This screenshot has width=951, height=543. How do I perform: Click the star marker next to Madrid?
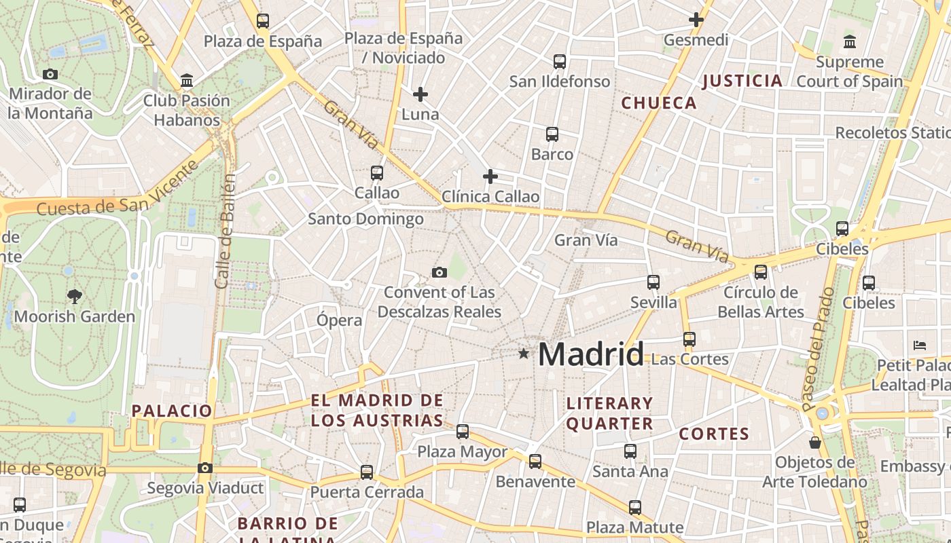(x=523, y=354)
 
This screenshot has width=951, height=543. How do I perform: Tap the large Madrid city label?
(x=591, y=354)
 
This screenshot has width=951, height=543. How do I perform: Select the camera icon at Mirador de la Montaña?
(x=50, y=75)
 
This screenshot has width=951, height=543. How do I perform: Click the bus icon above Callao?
(x=377, y=173)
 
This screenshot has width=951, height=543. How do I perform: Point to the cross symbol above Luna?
(x=420, y=94)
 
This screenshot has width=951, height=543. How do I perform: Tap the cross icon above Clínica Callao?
(x=490, y=177)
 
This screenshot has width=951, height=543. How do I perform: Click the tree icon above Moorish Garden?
(x=75, y=296)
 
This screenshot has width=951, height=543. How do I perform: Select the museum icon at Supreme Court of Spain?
(x=849, y=42)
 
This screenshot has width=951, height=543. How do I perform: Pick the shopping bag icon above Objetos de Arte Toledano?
(x=815, y=443)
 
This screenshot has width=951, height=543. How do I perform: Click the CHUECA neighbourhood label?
(x=659, y=103)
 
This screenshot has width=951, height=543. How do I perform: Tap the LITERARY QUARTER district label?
(x=609, y=413)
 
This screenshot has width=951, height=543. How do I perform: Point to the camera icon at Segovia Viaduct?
(x=205, y=468)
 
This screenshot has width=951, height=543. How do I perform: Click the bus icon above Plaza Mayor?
(x=463, y=431)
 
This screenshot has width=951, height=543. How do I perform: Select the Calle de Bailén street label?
(x=226, y=231)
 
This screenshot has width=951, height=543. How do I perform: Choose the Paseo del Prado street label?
(x=818, y=350)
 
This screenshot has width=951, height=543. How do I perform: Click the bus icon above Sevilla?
(x=653, y=282)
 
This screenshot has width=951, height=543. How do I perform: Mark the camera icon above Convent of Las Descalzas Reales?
(x=439, y=272)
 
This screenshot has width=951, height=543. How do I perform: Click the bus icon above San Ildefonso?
(x=560, y=62)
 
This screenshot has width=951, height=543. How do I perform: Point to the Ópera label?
(x=340, y=320)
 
